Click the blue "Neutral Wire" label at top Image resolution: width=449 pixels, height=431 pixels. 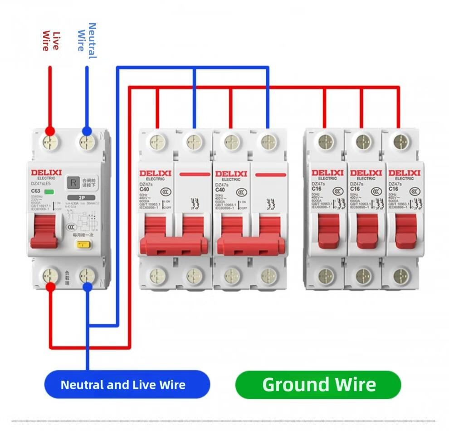tap(87, 40)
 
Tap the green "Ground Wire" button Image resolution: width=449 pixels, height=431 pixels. tap(318, 385)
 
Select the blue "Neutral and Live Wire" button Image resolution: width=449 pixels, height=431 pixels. tap(123, 385)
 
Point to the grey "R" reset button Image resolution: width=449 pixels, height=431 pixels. tap(73, 183)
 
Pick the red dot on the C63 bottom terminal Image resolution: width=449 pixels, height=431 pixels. tap(51, 286)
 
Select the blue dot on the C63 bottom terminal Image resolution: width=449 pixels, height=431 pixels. tap(87, 286)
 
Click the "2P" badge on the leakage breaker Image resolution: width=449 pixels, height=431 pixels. tap(82, 198)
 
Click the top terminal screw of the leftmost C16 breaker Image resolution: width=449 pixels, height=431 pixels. tap(325, 140)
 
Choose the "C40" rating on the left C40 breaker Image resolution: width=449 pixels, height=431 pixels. tap(144, 190)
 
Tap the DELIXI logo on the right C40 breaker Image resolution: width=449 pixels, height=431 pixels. tap(231, 174)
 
